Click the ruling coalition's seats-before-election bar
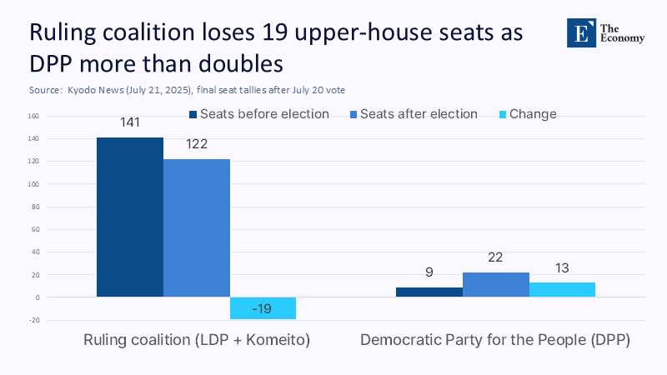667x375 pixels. [130, 217]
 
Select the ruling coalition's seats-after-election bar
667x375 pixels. [197, 227]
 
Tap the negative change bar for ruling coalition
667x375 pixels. [263, 308]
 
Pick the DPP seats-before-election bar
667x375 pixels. [429, 292]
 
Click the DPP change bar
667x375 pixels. [562, 290]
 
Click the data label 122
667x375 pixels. [197, 144]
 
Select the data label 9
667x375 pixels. [429, 272]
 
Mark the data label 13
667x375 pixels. [562, 267]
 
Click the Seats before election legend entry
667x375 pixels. [259, 114]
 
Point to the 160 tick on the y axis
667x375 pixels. [33, 116]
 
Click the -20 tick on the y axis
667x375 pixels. [33, 320]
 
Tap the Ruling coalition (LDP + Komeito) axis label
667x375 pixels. [197, 341]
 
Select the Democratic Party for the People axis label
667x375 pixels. [495, 341]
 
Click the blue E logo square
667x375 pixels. [579, 32]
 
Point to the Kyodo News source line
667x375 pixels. [187, 89]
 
